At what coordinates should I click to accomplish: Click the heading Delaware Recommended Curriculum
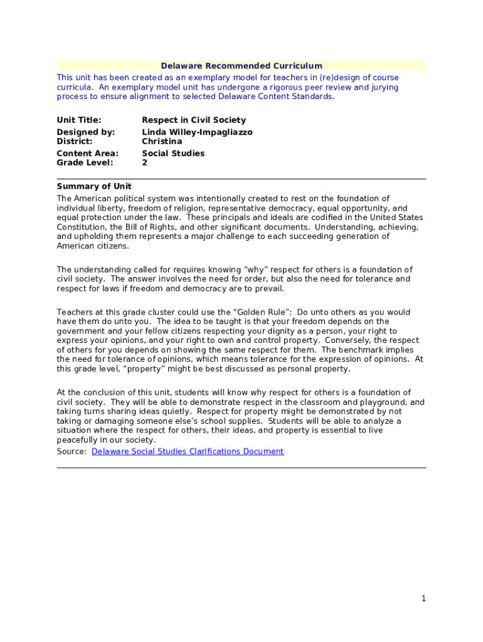tap(242, 66)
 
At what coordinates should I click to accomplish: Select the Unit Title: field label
tap(79, 120)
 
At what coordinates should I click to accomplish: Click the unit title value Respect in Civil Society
tap(194, 120)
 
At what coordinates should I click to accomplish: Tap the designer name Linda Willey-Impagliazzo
tap(197, 132)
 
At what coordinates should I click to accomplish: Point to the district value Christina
tap(162, 141)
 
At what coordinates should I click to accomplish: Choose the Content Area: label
tap(87, 153)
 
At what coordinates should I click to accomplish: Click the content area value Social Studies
tap(173, 153)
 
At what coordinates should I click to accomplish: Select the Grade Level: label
tap(85, 162)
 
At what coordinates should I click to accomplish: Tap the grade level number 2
tap(145, 162)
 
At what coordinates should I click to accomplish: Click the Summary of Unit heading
tap(94, 186)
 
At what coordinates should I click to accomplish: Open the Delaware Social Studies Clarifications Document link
tap(188, 451)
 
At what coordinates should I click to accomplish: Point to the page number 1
tap(423, 599)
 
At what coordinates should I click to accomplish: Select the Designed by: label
tap(85, 132)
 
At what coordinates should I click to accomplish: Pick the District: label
tap(75, 141)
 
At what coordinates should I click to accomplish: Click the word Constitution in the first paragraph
tap(82, 227)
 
